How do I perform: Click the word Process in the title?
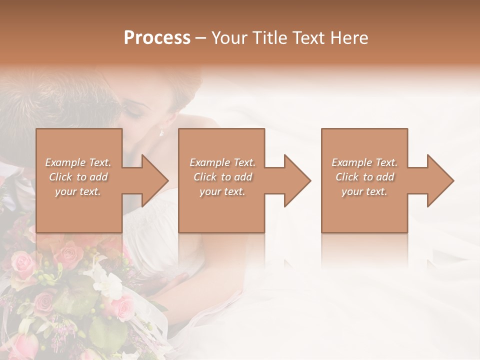[x=157, y=38]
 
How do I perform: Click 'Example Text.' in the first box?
[x=78, y=162]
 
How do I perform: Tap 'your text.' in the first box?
[x=78, y=191]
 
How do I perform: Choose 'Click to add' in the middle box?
[x=222, y=177]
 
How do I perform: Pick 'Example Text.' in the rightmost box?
[x=364, y=162]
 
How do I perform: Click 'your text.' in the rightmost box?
[x=364, y=191]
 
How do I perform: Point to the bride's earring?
[x=161, y=132]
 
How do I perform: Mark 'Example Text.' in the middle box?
[x=222, y=162]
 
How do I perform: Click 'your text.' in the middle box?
[x=222, y=191]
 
